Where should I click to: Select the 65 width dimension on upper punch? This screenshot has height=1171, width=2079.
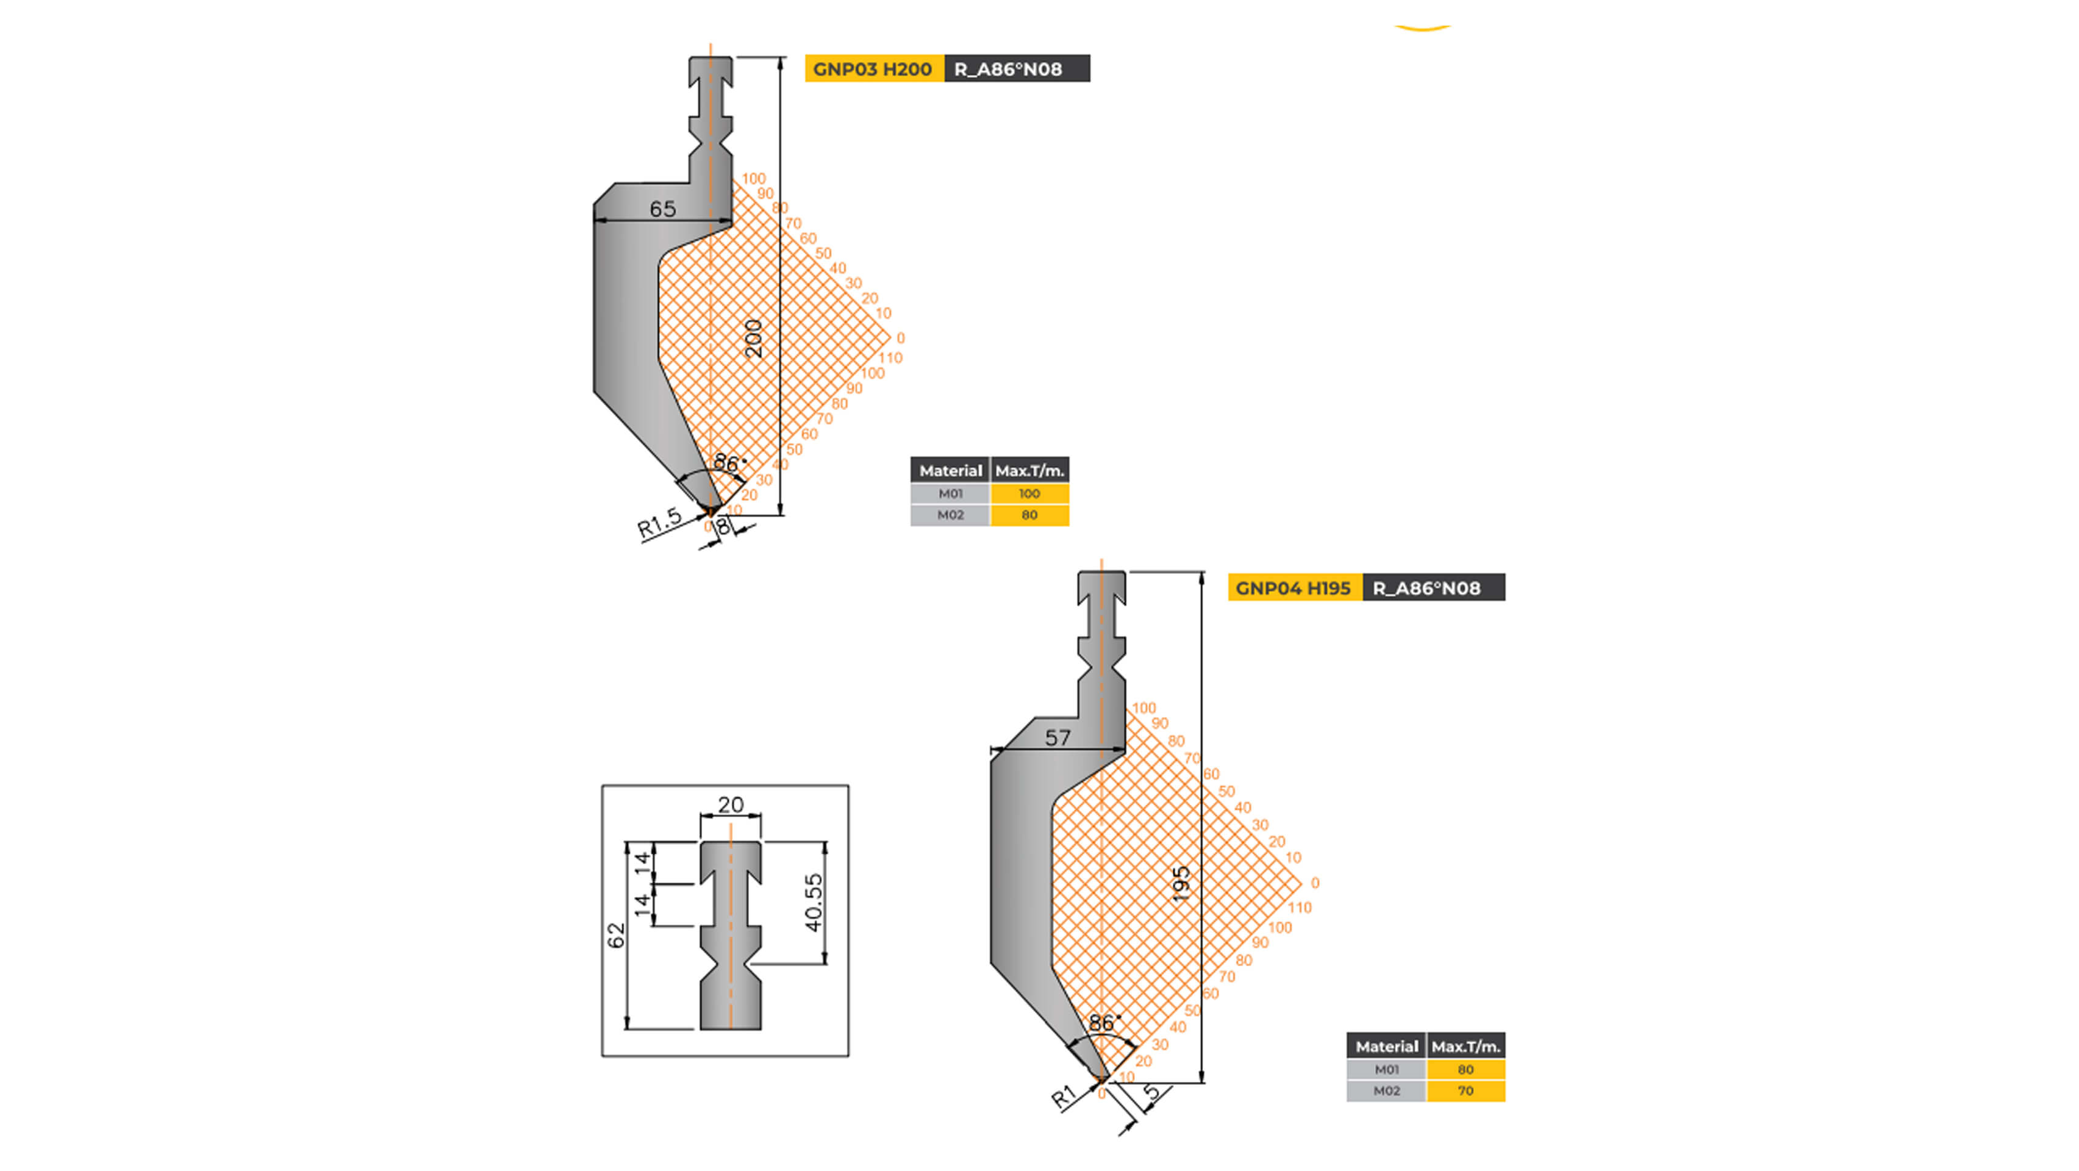tap(662, 209)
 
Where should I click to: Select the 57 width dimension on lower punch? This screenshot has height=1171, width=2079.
tap(1057, 737)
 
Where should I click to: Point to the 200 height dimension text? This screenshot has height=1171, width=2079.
tap(753, 339)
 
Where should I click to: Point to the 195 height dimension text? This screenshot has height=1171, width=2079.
tap(1181, 884)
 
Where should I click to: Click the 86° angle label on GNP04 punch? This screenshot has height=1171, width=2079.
tap(1103, 1023)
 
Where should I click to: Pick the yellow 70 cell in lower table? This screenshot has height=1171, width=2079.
tap(1465, 1091)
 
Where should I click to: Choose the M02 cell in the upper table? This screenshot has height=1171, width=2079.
tap(950, 515)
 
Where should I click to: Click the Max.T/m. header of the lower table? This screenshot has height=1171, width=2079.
tap(1465, 1047)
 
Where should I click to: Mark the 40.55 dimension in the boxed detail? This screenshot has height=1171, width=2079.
tap(814, 902)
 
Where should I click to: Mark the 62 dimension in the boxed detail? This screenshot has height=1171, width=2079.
tap(616, 936)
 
